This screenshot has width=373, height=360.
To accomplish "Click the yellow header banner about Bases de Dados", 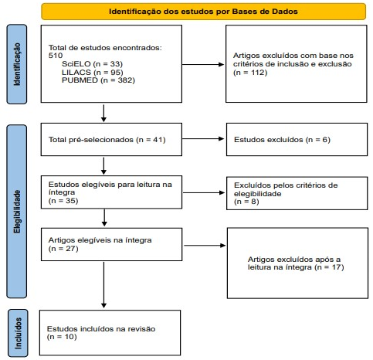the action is click(203, 12).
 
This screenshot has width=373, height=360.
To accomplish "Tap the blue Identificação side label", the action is click(17, 64).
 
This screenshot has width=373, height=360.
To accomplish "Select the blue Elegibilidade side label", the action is click(17, 212).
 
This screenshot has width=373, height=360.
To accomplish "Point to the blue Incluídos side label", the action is click(18, 333).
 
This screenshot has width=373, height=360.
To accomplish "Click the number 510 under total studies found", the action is click(56, 56).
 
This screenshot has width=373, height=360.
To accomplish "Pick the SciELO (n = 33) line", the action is click(92, 64).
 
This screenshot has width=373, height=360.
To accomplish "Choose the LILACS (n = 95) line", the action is click(93, 72).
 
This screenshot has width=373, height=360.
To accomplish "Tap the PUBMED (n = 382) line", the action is click(98, 80).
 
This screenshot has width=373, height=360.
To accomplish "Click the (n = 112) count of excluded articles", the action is click(250, 73).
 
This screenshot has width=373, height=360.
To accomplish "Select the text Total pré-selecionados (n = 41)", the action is click(107, 140).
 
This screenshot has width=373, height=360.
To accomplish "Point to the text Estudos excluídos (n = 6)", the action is click(282, 140).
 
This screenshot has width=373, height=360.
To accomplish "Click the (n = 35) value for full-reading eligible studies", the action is click(63, 201).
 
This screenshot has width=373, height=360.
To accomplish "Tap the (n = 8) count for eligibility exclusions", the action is click(246, 202).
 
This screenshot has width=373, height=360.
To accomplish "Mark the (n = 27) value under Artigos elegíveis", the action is click(63, 249).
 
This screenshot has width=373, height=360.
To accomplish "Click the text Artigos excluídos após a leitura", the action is click(294, 263).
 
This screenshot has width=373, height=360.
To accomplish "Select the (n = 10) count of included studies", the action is click(62, 337).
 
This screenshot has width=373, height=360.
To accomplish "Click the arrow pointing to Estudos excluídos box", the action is click(203, 139).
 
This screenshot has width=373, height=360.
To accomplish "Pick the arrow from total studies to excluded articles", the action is click(203, 64).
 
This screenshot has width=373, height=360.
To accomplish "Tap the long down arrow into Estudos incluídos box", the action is click(103, 285).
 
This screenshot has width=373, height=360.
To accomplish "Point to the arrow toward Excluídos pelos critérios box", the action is click(204, 192).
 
